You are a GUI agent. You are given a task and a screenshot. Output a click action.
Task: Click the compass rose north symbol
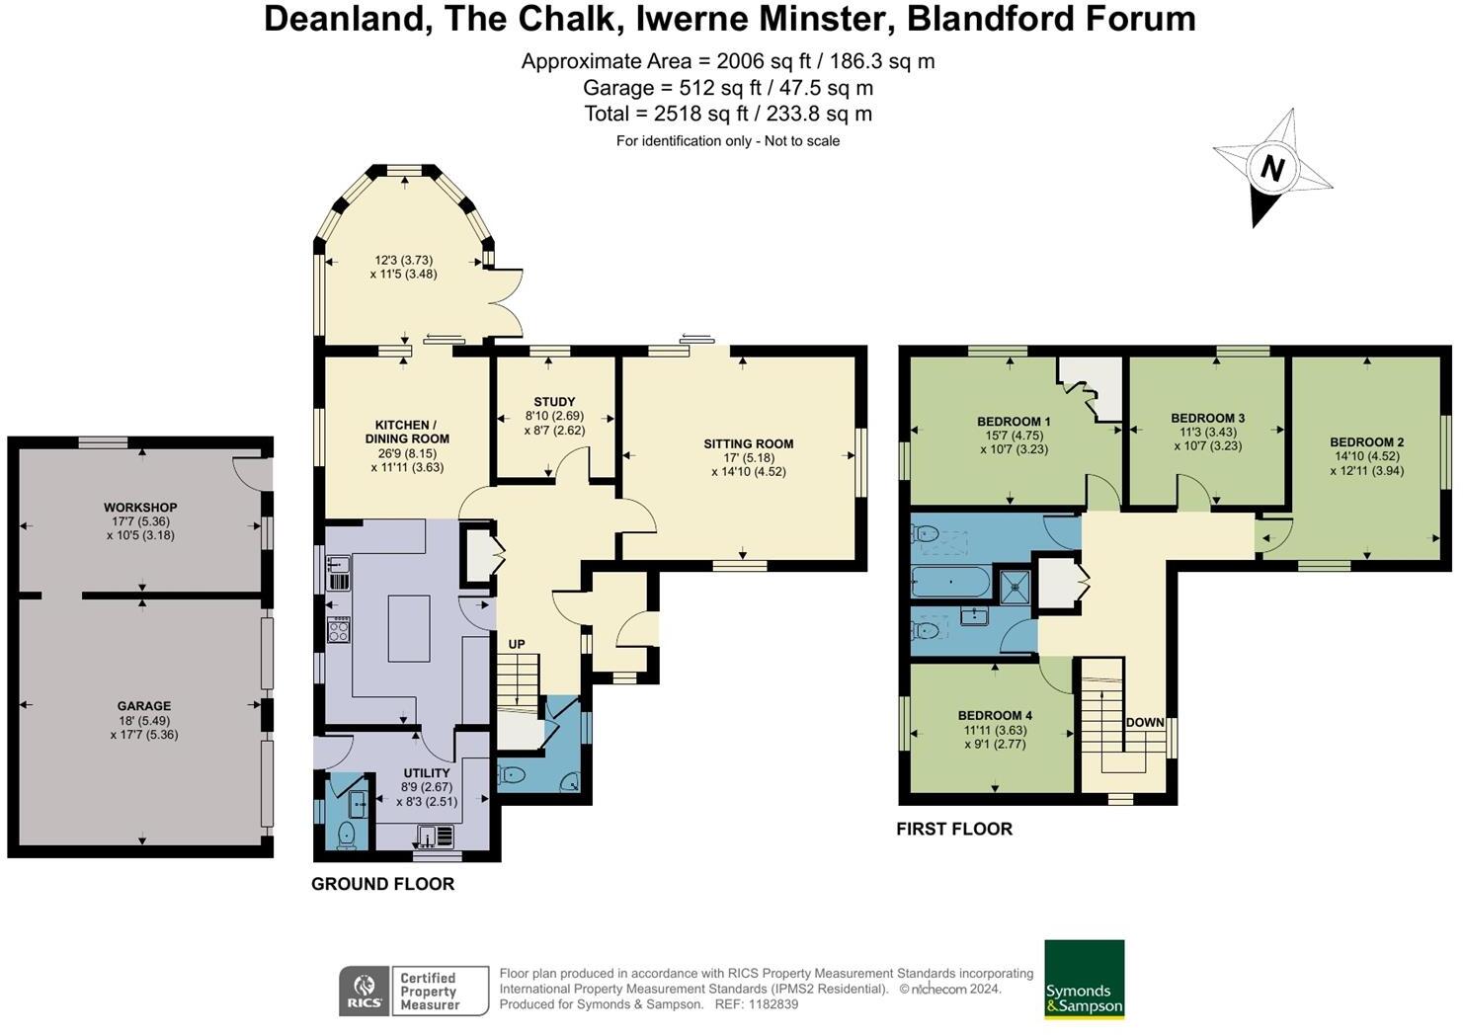click(x=1272, y=168)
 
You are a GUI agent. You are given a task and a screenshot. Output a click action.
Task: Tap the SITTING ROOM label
click(x=748, y=444)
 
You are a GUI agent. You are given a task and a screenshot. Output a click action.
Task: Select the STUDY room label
click(x=554, y=402)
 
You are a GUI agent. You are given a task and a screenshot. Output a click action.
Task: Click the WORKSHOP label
click(x=140, y=508)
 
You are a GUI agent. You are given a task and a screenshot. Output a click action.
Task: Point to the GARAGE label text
click(x=144, y=706)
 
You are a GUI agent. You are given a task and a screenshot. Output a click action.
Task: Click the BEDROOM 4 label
click(x=995, y=715)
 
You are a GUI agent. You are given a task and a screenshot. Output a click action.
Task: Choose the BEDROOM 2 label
click(x=1366, y=442)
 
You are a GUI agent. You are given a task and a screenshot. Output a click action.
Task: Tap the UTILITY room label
click(x=427, y=773)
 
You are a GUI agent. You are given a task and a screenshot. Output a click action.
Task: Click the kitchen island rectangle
click(x=409, y=628)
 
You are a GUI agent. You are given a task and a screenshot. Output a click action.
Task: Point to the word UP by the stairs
click(x=516, y=644)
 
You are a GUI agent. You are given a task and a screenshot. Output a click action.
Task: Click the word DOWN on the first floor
click(x=1145, y=722)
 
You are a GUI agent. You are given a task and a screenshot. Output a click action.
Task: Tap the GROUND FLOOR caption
click(x=383, y=884)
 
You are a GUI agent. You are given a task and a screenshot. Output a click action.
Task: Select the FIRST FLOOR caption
click(x=954, y=829)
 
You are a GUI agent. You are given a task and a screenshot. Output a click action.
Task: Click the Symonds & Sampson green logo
click(x=1085, y=979)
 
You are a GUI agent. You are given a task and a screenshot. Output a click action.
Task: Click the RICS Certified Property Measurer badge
click(x=414, y=991)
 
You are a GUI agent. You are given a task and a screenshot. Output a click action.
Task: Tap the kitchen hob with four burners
click(x=338, y=629)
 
